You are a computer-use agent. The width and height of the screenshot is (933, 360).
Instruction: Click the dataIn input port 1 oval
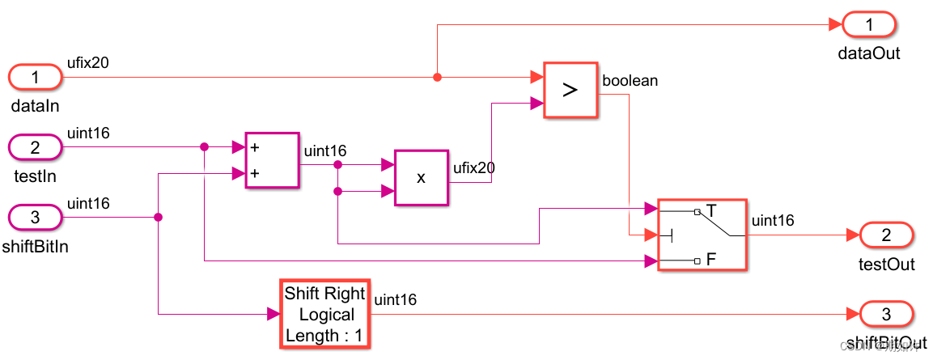tap(35, 78)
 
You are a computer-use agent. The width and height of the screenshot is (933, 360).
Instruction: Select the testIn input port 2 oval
tap(35, 147)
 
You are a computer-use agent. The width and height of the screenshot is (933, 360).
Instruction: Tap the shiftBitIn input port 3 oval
tap(35, 218)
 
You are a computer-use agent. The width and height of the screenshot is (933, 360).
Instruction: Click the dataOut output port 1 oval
tap(869, 24)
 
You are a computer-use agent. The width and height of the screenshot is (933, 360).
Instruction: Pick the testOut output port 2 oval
tap(886, 235)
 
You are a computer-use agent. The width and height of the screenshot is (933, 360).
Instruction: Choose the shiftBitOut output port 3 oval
tap(886, 314)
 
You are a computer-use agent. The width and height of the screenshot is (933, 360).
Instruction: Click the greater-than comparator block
tap(570, 90)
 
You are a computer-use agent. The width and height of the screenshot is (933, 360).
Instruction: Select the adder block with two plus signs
tap(271, 160)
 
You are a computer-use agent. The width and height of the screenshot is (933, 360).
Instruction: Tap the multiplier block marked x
tap(421, 178)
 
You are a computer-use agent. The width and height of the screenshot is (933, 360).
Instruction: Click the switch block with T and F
tap(702, 235)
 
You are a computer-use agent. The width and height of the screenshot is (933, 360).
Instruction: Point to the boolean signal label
tap(630, 81)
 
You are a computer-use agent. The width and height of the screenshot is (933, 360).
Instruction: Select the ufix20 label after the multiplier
tap(474, 168)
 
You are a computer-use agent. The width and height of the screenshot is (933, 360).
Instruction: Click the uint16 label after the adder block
tap(325, 150)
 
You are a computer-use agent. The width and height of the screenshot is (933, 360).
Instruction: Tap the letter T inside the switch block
tap(711, 211)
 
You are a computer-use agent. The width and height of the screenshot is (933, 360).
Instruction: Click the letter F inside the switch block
tap(711, 260)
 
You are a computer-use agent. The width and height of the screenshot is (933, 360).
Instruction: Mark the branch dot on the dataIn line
tap(437, 78)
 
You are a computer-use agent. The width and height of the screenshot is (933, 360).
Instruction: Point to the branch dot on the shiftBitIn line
tap(158, 217)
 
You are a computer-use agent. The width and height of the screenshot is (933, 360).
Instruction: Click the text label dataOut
tap(869, 53)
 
